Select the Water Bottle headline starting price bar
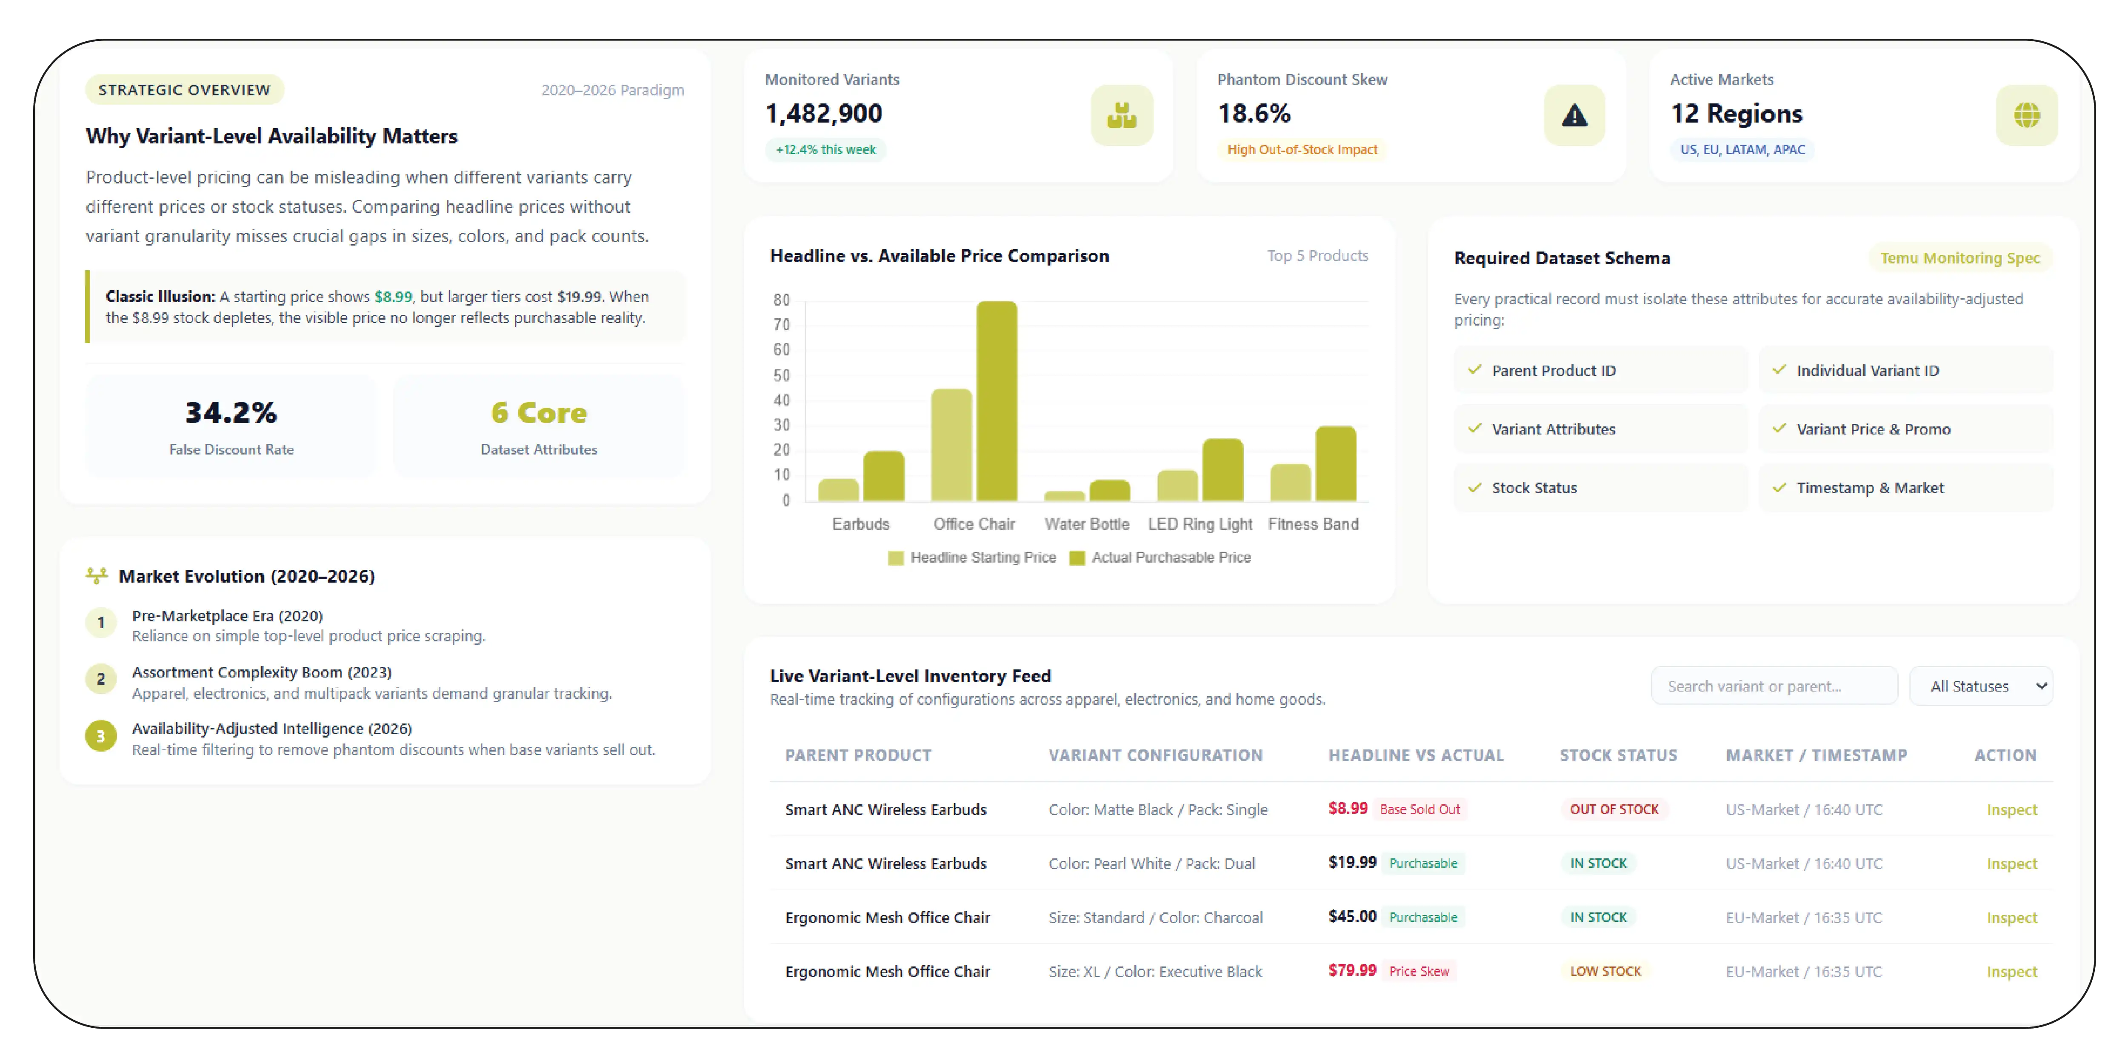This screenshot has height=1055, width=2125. click(x=1064, y=496)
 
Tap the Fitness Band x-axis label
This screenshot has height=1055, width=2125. click(x=1312, y=524)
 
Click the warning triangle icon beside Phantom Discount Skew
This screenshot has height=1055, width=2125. click(x=1574, y=115)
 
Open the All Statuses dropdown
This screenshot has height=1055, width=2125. click(x=1981, y=686)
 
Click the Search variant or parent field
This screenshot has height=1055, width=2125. click(x=1774, y=686)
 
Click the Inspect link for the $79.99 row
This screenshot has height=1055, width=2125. click(x=2011, y=972)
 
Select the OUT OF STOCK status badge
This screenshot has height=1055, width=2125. click(x=1614, y=809)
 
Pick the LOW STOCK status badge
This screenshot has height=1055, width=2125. click(x=1605, y=971)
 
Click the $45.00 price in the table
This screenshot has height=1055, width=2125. click(x=1352, y=916)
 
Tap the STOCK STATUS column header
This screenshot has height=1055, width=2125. click(x=1618, y=755)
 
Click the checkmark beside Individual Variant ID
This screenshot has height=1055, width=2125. click(x=1779, y=369)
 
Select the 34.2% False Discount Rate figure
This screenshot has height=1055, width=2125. click(x=231, y=412)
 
